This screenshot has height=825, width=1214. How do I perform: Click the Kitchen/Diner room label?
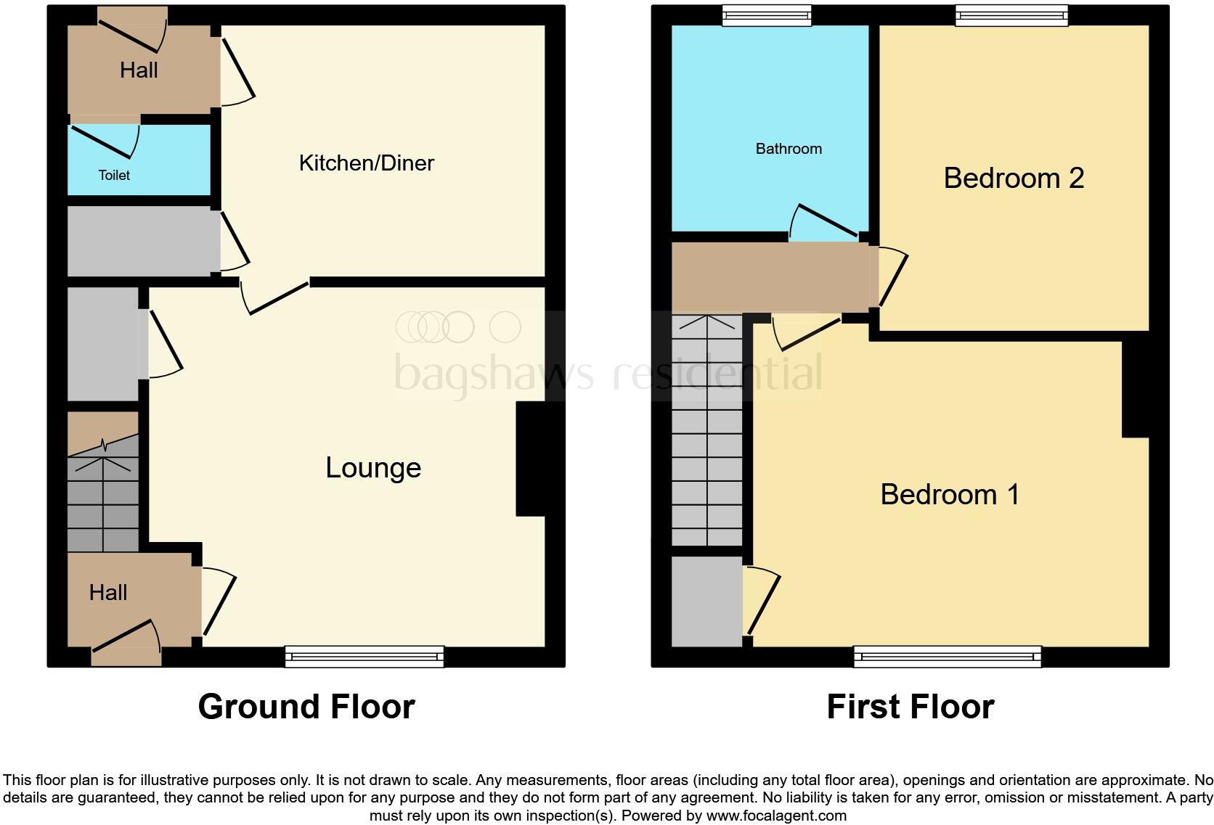point(366,163)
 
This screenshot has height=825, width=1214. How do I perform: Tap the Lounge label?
point(373,468)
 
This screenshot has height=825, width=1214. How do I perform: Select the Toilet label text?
point(114,175)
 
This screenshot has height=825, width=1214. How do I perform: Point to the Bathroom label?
point(789,149)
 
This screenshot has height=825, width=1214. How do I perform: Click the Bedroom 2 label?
point(1014,178)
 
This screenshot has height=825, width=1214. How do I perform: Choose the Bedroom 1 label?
point(950,494)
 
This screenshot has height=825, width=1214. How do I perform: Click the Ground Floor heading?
point(306,707)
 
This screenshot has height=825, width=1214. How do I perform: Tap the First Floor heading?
point(910,707)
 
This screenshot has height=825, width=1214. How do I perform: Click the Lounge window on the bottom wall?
point(364,656)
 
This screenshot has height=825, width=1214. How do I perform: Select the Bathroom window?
point(766,15)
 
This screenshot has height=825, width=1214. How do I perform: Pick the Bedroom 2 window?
point(1011,15)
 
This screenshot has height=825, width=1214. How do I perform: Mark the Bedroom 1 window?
point(948,656)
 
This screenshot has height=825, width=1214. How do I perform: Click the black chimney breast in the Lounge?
point(531,459)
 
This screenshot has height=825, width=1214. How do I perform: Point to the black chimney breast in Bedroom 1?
point(1135,388)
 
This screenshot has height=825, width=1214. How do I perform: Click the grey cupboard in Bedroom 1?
point(706,601)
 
